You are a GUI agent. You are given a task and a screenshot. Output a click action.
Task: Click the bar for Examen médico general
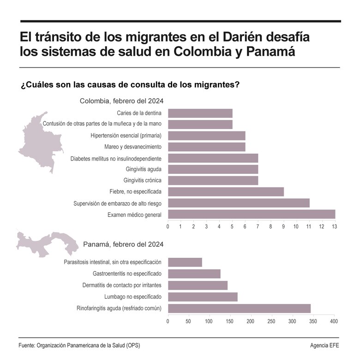coord(251,214)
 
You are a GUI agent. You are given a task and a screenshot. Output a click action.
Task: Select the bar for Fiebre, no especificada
coord(226,191)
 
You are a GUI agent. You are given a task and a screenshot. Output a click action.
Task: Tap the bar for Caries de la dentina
coord(200,113)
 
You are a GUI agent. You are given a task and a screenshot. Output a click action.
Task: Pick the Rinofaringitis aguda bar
coord(239,308)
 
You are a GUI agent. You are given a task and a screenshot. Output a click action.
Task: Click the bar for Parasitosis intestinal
coord(185,262)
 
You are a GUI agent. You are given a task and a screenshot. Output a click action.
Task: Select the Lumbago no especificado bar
coord(203,297)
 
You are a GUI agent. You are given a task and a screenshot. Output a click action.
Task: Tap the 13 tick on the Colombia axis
coord(334,226)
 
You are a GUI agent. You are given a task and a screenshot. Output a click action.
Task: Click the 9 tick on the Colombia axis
coord(283,226)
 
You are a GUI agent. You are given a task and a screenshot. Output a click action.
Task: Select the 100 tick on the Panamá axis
coord(209,320)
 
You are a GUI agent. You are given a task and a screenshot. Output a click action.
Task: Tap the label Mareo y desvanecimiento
coord(133,147)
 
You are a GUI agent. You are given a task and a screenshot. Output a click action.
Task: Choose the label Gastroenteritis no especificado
coord(127,273)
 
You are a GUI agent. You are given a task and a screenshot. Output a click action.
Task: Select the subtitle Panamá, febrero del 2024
coord(123,244)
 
